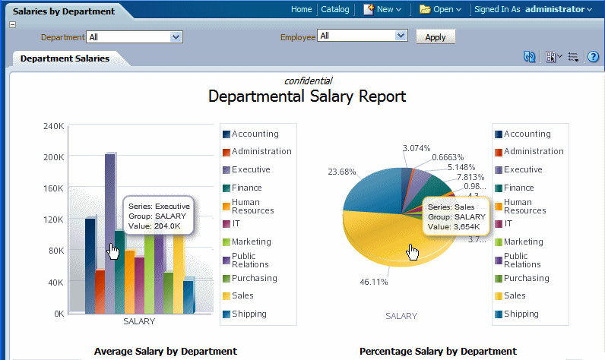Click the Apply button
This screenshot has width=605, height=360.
(x=436, y=36)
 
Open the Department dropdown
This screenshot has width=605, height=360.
(x=176, y=36)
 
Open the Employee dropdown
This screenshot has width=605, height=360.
(x=401, y=36)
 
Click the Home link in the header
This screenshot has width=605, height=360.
(x=301, y=9)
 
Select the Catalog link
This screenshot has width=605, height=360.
(x=334, y=9)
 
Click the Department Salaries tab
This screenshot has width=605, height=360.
(x=65, y=58)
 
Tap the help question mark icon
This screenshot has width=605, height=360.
(x=593, y=57)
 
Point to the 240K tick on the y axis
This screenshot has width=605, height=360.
(x=53, y=126)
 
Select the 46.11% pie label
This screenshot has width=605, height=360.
(x=374, y=282)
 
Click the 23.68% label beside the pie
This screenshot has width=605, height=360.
(x=341, y=172)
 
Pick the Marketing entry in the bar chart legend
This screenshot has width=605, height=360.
(x=251, y=242)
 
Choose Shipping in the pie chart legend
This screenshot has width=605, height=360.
(x=521, y=314)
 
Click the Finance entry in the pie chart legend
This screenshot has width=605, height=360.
(x=519, y=188)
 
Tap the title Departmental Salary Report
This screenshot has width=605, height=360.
(x=307, y=96)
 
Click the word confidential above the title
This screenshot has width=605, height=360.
(x=308, y=81)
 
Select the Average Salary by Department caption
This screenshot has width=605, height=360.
(x=165, y=351)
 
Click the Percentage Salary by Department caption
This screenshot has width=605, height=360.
(x=438, y=351)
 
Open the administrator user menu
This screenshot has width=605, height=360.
(x=558, y=9)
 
